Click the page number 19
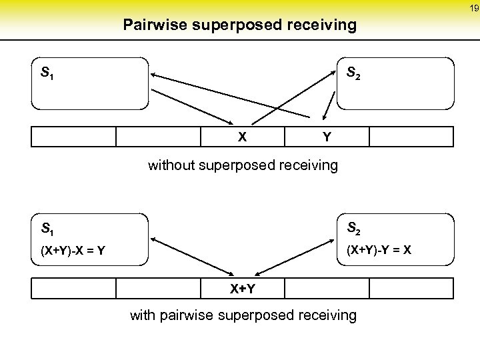point(473,8)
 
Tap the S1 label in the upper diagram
point(47,72)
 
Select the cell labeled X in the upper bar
point(243,136)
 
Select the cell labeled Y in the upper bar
point(327,136)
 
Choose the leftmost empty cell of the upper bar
point(73,136)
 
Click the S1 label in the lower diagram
point(47,230)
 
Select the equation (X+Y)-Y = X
point(379,251)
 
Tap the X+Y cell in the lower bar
point(243,288)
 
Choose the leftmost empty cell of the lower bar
point(73,288)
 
